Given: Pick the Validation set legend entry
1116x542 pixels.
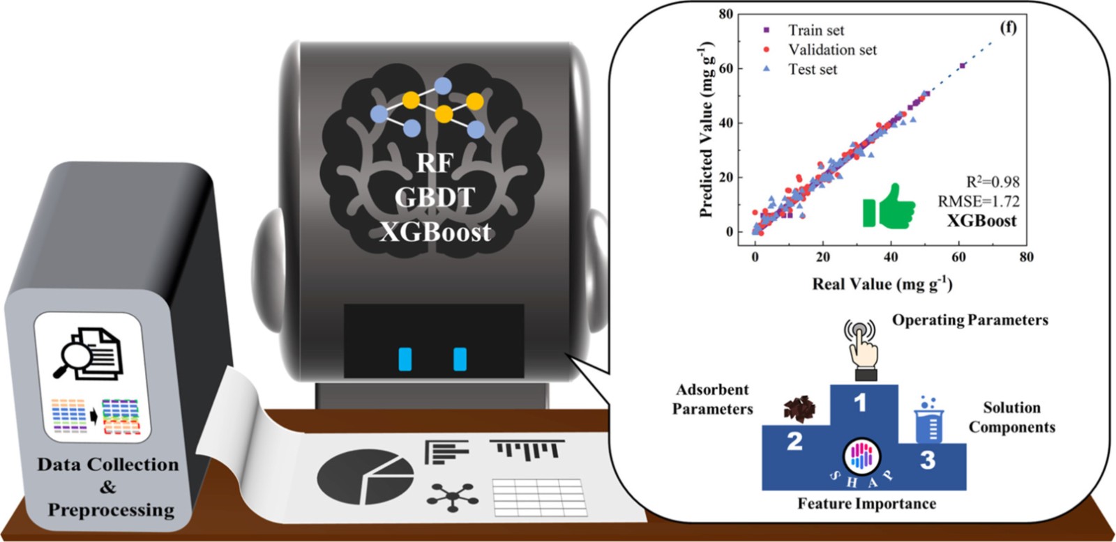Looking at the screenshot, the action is point(820,49).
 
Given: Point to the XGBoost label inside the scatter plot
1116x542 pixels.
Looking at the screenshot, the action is point(981,220).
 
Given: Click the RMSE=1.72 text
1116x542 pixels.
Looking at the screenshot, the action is point(979,201).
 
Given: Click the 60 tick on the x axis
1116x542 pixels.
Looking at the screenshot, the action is point(958,257).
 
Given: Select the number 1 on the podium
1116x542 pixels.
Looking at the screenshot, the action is point(860,403).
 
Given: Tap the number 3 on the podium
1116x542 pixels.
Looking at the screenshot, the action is point(927,460).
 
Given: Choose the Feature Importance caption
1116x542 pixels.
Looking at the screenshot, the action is point(867,504).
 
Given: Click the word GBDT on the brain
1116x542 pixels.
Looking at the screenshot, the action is point(435,198).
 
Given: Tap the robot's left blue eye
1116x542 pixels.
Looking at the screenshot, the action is point(405,359).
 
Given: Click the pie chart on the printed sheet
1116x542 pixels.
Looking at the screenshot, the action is point(365,477).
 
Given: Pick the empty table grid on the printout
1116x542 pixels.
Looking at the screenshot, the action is point(540,497).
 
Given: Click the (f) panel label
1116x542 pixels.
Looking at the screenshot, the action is point(1009,27).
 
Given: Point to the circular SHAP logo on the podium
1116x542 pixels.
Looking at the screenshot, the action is point(861,456).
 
